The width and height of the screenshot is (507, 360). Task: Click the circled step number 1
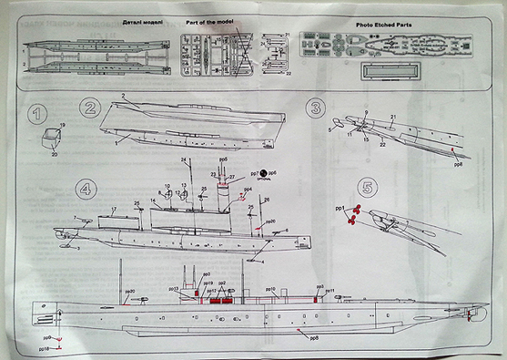tap(36, 112)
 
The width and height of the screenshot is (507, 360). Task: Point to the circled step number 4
tap(86, 188)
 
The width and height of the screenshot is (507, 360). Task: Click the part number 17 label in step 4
tap(112, 210)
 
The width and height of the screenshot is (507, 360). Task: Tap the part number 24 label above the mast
tap(182, 160)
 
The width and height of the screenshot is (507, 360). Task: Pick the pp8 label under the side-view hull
tap(313, 337)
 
